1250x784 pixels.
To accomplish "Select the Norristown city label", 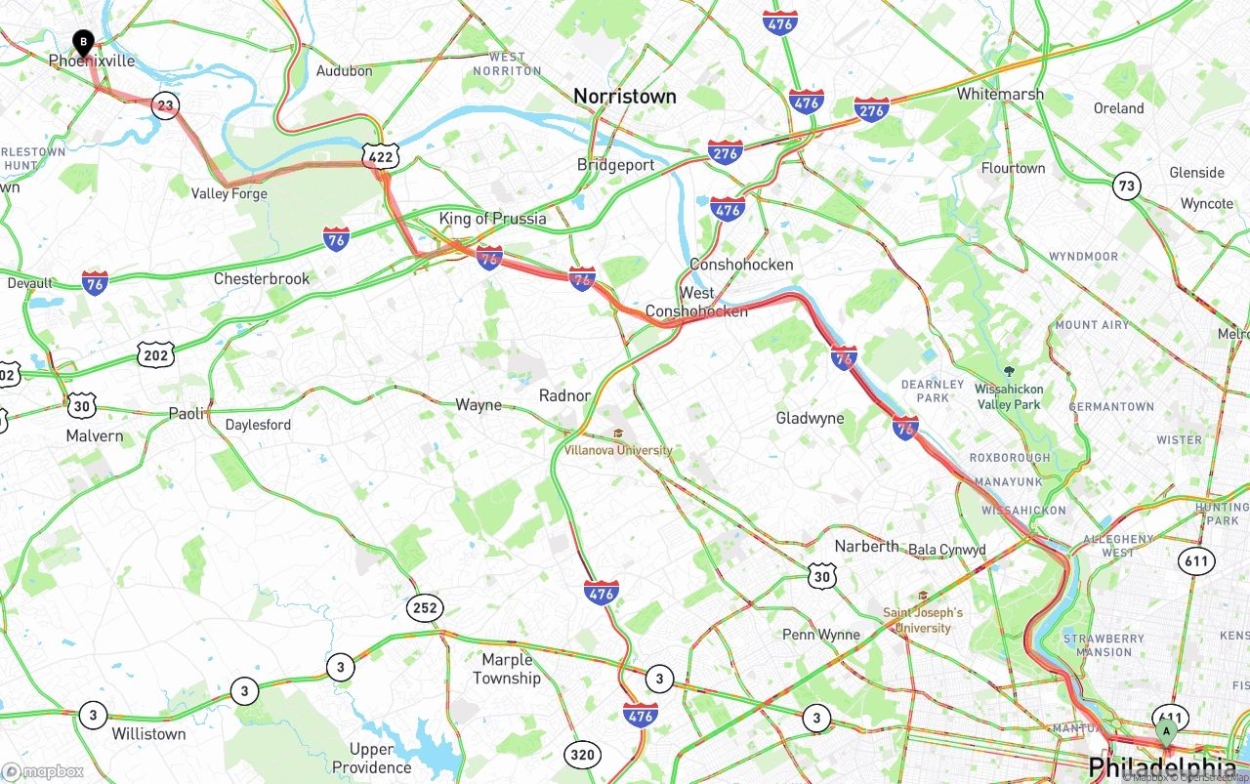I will pyautogui.click(x=624, y=96).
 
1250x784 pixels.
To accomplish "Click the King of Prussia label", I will pyautogui.click(x=492, y=219).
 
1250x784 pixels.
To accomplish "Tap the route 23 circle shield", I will pyautogui.click(x=165, y=105).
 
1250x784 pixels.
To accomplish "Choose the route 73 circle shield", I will pyautogui.click(x=1127, y=186).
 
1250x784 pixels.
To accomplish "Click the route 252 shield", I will pyautogui.click(x=425, y=608).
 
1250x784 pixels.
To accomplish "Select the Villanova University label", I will pyautogui.click(x=618, y=450).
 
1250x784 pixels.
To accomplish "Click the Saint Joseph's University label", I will pyautogui.click(x=923, y=620).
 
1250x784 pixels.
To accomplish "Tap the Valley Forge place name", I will pyautogui.click(x=229, y=193).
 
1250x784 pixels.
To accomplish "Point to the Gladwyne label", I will pyautogui.click(x=810, y=418).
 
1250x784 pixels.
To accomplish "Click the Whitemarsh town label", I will pyautogui.click(x=1000, y=94).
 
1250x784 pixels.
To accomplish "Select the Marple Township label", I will pyautogui.click(x=506, y=669).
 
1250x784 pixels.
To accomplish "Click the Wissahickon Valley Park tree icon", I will pyautogui.click(x=1010, y=371).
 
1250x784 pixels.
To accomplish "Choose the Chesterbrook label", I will pyautogui.click(x=262, y=278).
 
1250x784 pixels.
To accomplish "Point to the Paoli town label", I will pyautogui.click(x=187, y=413).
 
